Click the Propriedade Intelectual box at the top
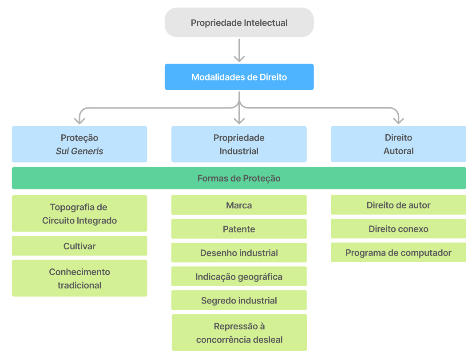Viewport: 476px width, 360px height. click(x=239, y=23)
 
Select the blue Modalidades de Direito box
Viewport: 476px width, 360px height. click(x=239, y=77)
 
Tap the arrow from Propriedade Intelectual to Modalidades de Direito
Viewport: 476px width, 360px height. click(x=239, y=50)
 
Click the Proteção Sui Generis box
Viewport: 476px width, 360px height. click(x=79, y=144)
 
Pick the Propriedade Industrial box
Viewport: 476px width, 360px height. click(x=239, y=144)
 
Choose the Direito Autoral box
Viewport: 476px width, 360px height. click(x=398, y=144)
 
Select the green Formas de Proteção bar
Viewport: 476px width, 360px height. click(x=239, y=178)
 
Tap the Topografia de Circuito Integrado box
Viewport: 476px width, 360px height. click(x=79, y=213)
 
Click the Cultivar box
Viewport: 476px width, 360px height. click(x=79, y=246)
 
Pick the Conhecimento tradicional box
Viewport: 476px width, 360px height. click(x=79, y=278)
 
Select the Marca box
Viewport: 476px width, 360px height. click(x=239, y=205)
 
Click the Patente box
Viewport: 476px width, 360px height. click(x=239, y=229)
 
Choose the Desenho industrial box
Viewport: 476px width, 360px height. click(x=239, y=252)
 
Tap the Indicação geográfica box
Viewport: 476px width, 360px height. click(x=239, y=276)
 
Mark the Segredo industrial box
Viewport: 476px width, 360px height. click(x=239, y=300)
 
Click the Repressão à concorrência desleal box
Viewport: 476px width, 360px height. click(x=239, y=332)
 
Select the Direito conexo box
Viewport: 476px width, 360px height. click(x=398, y=229)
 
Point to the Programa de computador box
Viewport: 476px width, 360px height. click(x=398, y=252)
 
